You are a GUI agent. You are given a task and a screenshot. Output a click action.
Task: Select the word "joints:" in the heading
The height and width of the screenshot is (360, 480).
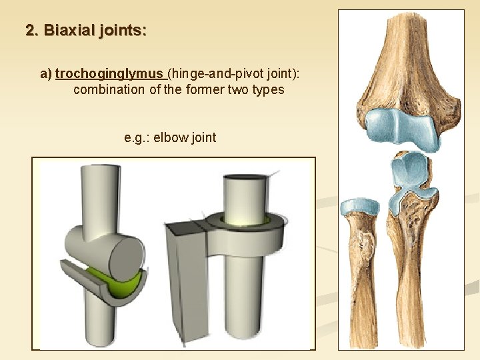[x=123, y=31]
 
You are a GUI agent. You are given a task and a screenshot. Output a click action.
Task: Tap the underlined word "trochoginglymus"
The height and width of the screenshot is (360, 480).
[x=110, y=73]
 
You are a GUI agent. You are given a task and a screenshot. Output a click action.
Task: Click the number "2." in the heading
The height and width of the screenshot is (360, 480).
[x=33, y=31]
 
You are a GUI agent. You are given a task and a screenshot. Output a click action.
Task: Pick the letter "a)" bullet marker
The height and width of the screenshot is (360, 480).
[x=46, y=73]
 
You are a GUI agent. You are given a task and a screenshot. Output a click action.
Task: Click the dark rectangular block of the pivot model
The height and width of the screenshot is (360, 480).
[x=178, y=287]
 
